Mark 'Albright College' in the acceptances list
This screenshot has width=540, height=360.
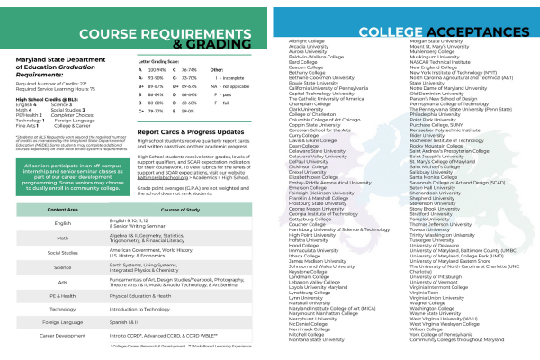pyautogui.click(x=305, y=66)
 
